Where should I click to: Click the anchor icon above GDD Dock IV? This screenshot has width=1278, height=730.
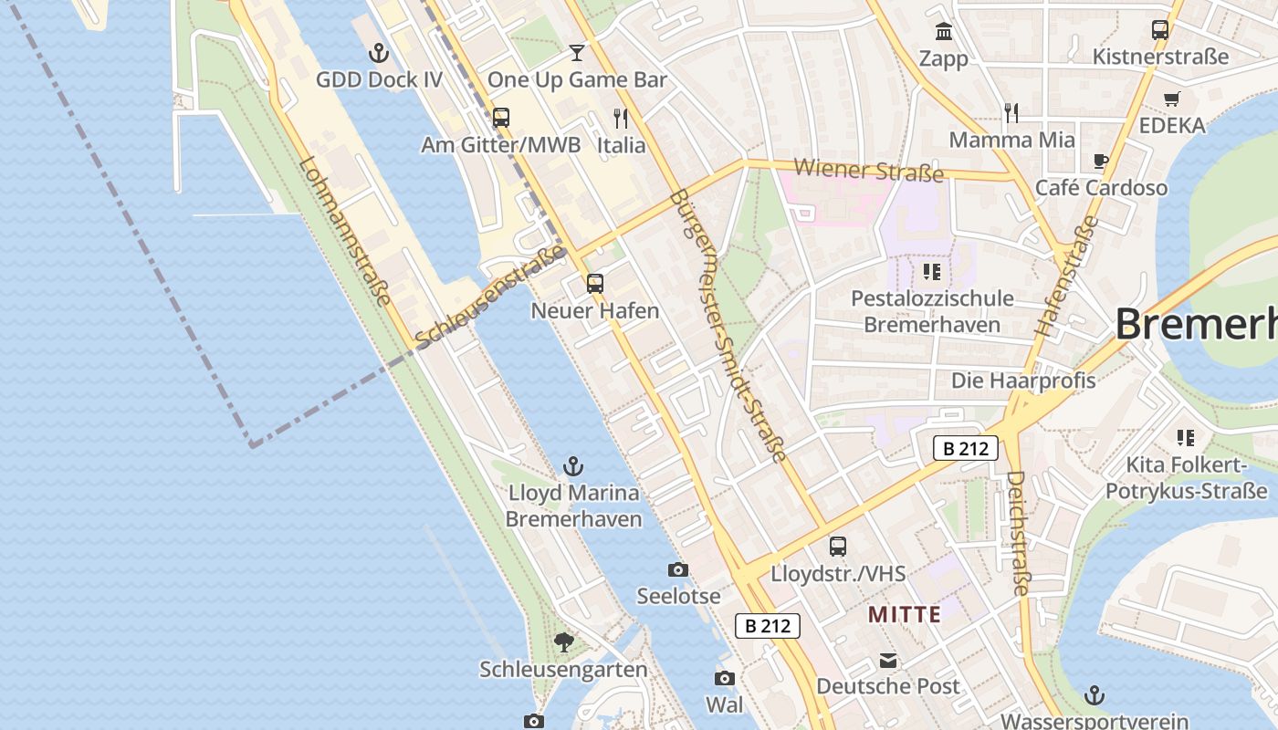point(379,53)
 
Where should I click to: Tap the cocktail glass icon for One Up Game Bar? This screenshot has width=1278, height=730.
point(577,52)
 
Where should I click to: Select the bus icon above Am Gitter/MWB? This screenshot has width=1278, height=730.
point(500,117)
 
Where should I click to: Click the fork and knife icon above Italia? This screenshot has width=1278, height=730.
point(622,118)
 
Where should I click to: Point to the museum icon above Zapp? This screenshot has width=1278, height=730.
point(944,32)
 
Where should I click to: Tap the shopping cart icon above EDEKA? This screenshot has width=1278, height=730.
point(1172,99)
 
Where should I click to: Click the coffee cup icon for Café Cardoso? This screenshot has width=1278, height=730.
point(1101,162)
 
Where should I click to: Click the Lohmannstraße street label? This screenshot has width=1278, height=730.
point(345,233)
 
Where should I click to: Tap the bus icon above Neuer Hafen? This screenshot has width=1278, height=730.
point(595,283)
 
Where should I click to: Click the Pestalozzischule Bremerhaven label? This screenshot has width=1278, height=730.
point(932,311)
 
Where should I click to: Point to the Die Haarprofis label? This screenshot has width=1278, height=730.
point(1023,380)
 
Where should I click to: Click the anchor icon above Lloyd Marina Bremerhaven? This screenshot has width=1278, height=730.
point(573,466)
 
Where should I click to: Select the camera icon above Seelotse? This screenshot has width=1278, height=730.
point(678,570)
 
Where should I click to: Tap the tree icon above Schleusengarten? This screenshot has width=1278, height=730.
point(564,642)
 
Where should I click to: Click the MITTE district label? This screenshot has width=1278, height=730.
point(904,614)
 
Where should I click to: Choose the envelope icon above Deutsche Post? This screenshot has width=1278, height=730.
point(888,661)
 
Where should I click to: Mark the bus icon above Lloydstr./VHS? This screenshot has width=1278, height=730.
point(838,547)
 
